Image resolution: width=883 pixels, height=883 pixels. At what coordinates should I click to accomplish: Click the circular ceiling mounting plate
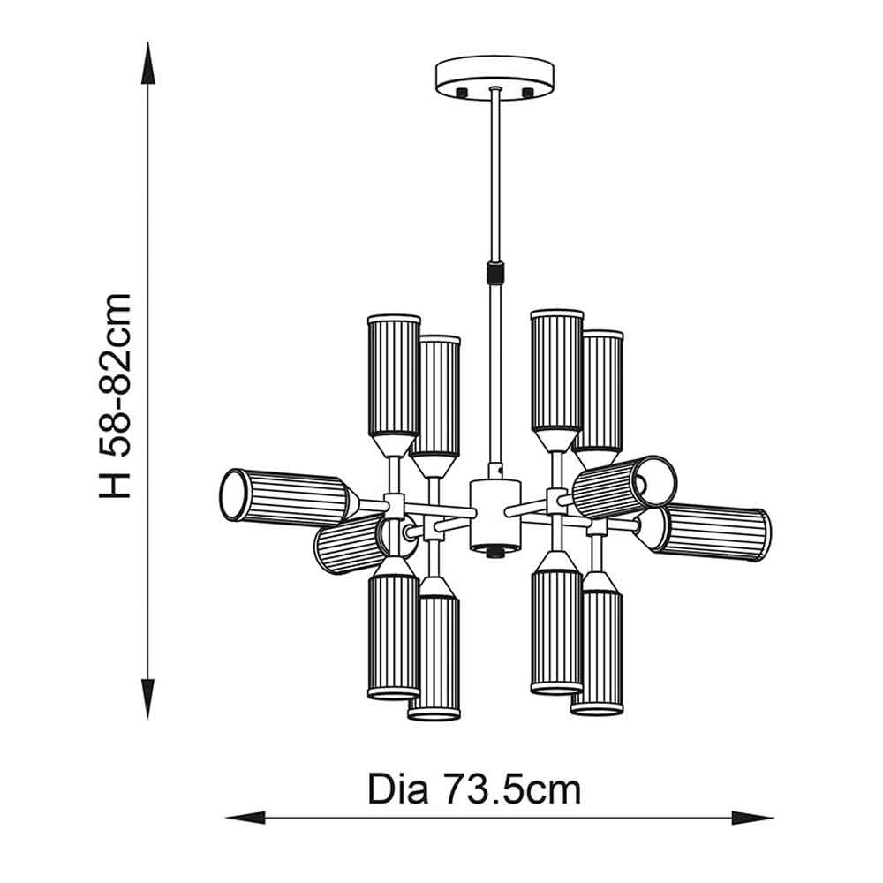point(494,77)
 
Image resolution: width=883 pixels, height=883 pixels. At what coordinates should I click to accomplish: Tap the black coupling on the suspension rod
point(495,272)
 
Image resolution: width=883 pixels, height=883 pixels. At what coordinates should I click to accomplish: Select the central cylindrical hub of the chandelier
point(495,514)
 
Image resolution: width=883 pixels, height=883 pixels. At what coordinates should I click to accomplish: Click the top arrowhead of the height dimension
point(148,63)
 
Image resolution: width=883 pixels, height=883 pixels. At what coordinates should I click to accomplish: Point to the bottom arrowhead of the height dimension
point(148,698)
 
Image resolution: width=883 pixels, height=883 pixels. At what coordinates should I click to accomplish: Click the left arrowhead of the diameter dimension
point(245,818)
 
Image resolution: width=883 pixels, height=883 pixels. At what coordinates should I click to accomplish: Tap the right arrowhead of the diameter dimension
point(752,818)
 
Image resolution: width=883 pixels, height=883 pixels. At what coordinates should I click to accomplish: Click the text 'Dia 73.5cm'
point(474,789)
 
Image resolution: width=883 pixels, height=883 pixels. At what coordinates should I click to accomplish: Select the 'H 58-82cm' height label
point(115,396)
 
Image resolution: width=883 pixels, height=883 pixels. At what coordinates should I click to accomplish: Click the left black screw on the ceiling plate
point(463,93)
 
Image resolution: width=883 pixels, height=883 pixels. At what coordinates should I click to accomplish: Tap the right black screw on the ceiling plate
point(528,93)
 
